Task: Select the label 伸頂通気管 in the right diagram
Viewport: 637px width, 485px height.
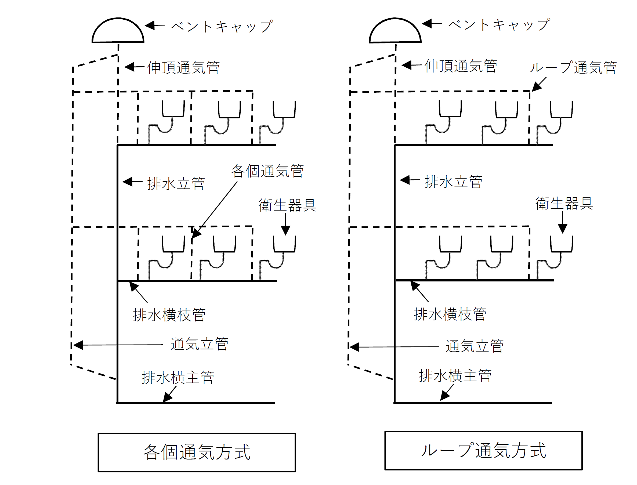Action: coord(461,66)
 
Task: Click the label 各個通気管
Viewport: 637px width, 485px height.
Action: coord(267,171)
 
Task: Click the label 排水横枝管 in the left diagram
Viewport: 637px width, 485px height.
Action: coord(169,315)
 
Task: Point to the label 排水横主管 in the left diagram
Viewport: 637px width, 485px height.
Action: coord(178,378)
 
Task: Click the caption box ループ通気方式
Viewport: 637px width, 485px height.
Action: coord(483,451)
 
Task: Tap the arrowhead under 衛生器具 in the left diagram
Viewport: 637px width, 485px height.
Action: coord(285,231)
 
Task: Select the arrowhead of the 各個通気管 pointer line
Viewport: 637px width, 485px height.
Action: coord(196,234)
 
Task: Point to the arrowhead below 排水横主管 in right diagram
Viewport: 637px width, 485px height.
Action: coord(444,397)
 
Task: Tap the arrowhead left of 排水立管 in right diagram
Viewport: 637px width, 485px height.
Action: coord(405,180)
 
